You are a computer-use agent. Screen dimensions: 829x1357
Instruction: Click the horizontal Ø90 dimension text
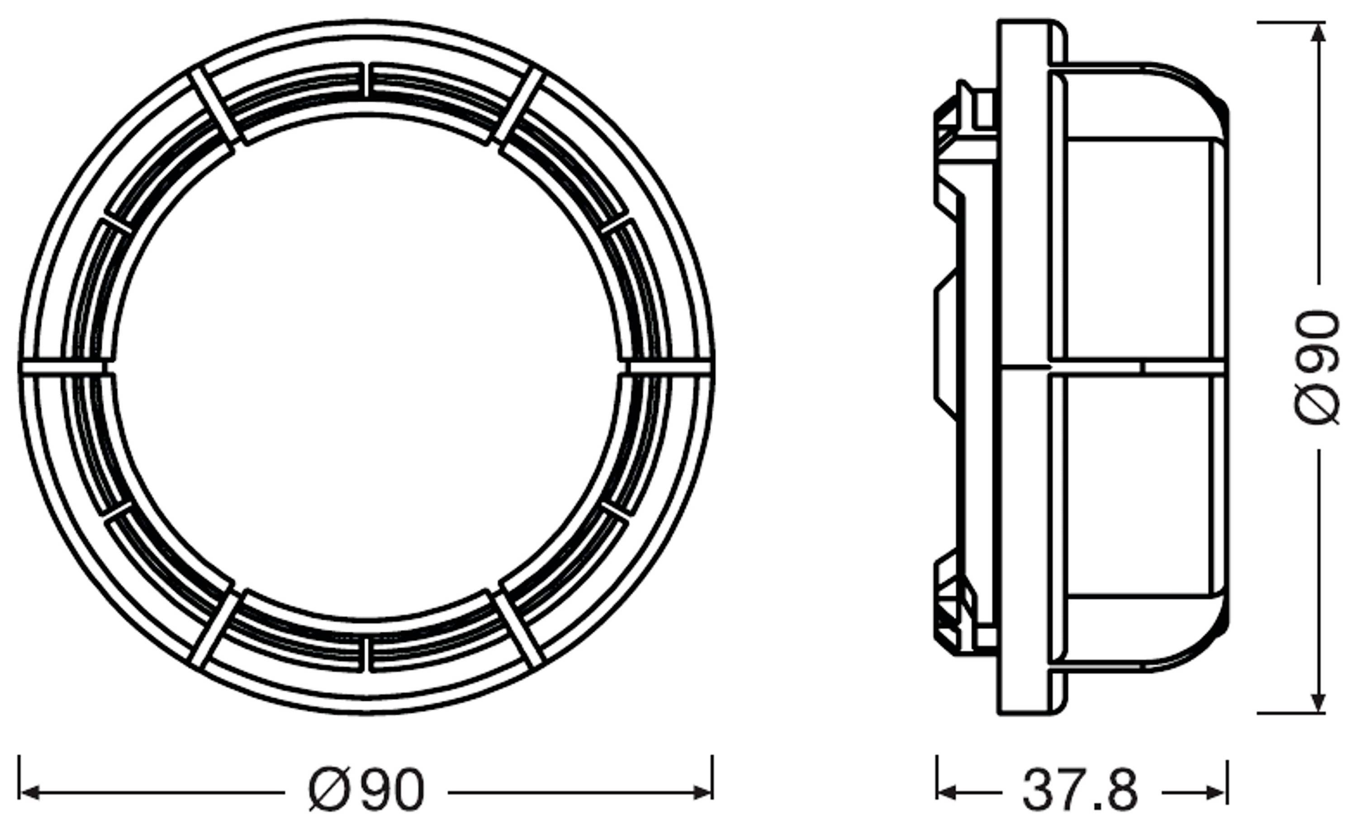point(366,791)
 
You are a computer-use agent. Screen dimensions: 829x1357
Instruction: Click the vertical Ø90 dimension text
point(1317,367)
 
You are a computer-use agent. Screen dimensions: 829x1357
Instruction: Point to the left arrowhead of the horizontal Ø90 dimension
point(28,793)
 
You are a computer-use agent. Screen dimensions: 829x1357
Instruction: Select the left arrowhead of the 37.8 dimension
point(946,793)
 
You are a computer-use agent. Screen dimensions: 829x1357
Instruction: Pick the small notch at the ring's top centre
point(366,80)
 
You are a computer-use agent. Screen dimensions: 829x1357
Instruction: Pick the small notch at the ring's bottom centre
point(366,655)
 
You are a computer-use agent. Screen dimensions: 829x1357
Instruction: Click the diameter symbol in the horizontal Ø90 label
point(329,791)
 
